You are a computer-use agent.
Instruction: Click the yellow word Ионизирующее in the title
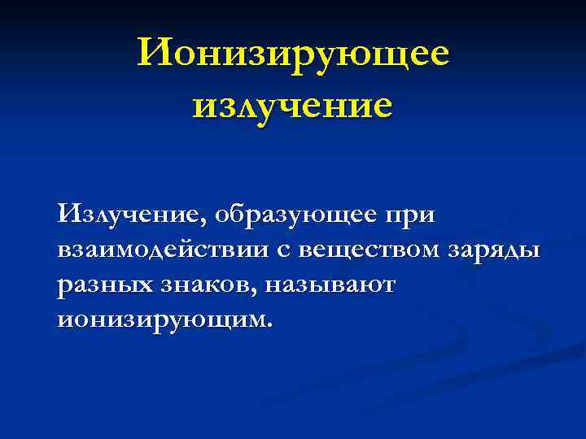click(293, 55)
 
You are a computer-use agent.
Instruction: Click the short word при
click(409, 218)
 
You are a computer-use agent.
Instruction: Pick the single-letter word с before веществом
click(284, 250)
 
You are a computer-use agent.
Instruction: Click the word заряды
click(494, 250)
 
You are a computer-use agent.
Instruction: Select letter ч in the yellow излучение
click(288, 106)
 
